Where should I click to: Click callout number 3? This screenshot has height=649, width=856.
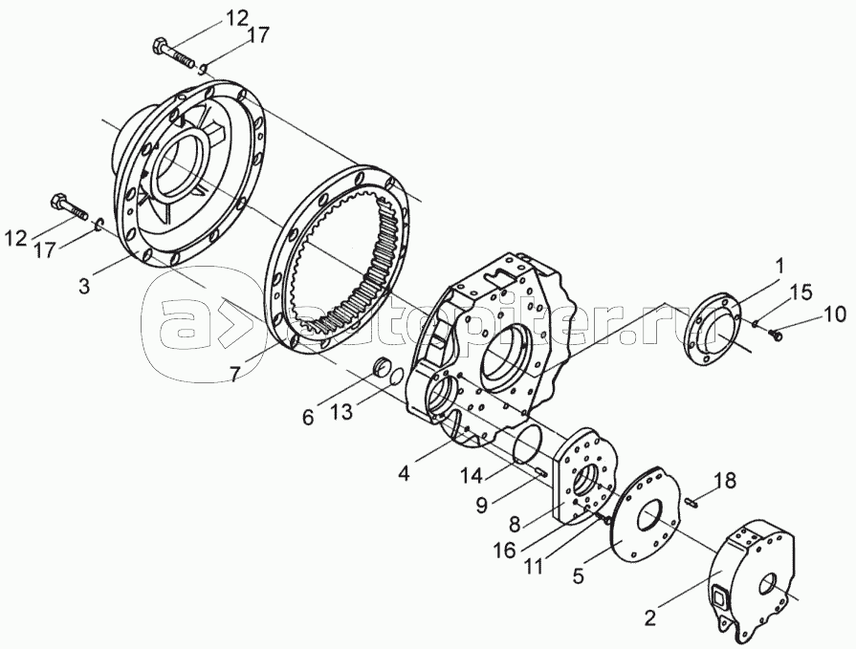[84, 286]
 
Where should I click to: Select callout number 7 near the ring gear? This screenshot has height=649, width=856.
[233, 374]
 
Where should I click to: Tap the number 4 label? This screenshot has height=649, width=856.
[404, 473]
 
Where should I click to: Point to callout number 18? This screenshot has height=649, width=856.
[725, 481]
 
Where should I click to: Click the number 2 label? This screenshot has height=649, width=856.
[649, 618]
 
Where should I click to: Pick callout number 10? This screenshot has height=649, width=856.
[834, 314]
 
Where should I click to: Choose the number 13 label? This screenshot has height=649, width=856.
[343, 412]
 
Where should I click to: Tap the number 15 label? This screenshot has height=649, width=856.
[801, 292]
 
